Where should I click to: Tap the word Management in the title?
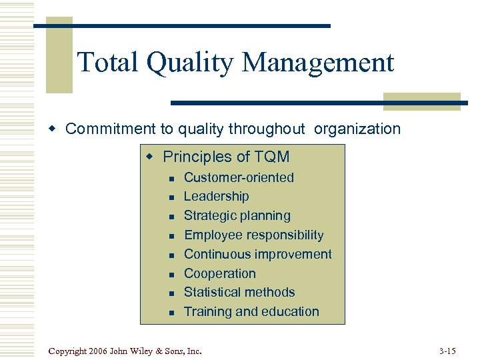(318, 63)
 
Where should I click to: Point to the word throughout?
(267, 129)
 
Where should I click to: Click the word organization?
(358, 129)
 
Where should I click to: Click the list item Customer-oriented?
(239, 177)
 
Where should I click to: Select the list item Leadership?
(216, 197)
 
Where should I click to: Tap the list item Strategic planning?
(237, 216)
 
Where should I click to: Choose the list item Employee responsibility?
(253, 235)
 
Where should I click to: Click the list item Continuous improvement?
(257, 254)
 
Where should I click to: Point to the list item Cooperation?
(219, 273)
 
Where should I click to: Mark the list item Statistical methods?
(239, 292)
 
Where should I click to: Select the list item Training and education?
(251, 311)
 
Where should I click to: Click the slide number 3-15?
(448, 350)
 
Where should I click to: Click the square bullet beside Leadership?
(171, 197)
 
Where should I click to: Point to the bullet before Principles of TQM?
(150, 157)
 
